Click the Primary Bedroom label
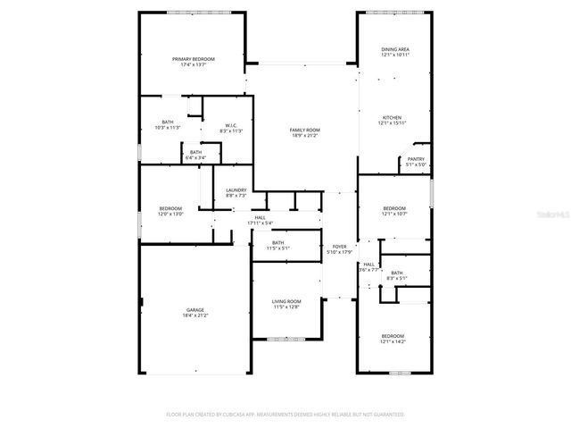point(194,59)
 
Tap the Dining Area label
point(394,50)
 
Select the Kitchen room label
point(393,117)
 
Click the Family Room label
point(304,130)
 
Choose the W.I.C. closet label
point(230,125)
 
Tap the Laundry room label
point(236,189)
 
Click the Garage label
point(195,310)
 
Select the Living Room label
point(286,301)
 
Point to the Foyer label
point(340,246)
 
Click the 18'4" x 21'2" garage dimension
point(195,315)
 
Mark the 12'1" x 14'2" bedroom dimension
point(393,341)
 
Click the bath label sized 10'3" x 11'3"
point(168,122)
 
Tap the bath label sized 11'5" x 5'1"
point(277,242)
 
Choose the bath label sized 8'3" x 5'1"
point(396,273)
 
